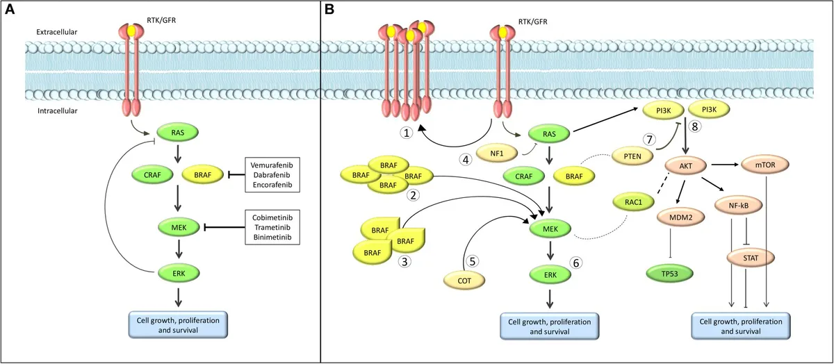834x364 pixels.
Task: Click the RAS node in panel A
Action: point(178,133)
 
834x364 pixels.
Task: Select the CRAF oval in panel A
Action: point(152,174)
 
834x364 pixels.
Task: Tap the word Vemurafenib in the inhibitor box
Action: point(272,165)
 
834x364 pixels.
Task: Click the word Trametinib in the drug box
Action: point(272,227)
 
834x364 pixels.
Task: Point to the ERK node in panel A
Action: point(179,274)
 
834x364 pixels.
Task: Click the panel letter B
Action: point(329,10)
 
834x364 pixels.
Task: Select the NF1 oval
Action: point(497,154)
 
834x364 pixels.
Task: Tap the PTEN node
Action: point(632,156)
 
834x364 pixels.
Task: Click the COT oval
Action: point(464,281)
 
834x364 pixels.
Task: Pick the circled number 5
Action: point(473,261)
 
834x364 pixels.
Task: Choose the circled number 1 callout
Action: point(407,133)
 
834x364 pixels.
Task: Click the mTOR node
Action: point(765,165)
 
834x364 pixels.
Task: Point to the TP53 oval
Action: point(669,274)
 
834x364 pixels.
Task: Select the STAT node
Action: point(751,258)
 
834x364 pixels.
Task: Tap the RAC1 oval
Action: point(633,202)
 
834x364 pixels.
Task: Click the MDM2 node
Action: point(681,217)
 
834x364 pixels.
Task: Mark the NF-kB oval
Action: point(739,205)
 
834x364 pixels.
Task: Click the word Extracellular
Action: point(56,32)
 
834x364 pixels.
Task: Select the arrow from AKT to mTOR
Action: point(724,165)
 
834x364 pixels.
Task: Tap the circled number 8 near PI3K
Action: point(695,126)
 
